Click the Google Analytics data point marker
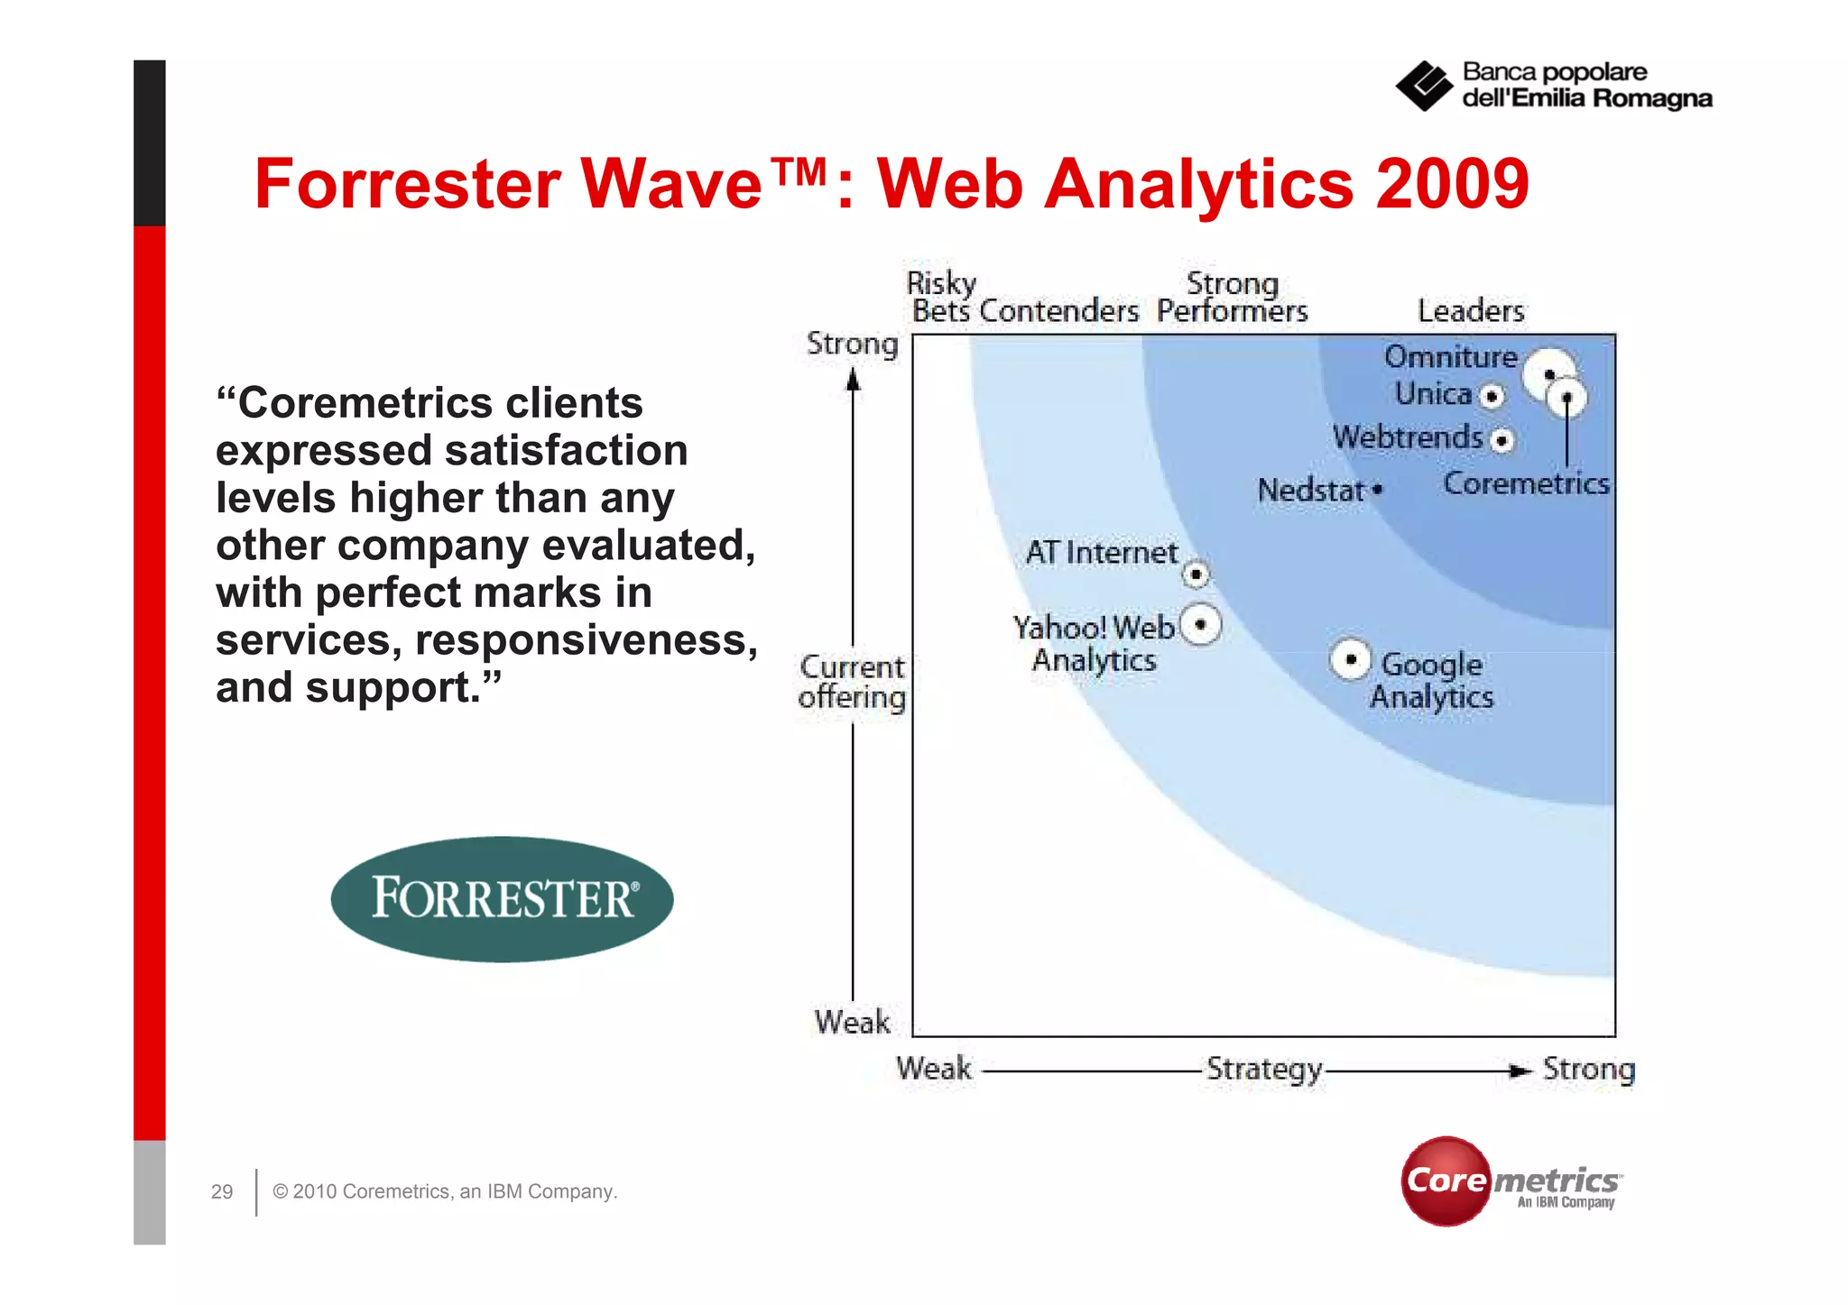click(1350, 660)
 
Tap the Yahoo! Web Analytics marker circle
click(1200, 624)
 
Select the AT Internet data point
click(1196, 574)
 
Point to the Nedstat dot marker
click(1377, 490)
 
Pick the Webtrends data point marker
click(1501, 440)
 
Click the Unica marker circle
click(1492, 396)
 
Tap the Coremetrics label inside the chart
click(1526, 483)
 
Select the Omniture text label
click(1450, 356)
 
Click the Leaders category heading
click(1471, 311)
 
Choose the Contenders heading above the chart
click(1058, 311)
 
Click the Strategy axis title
click(1264, 1069)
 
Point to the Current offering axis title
click(852, 682)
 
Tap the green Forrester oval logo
click(503, 898)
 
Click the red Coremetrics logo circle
click(1446, 1181)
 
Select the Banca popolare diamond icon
click(1424, 87)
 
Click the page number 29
click(222, 1191)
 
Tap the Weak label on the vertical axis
click(852, 1022)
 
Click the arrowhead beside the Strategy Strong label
click(1520, 1071)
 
